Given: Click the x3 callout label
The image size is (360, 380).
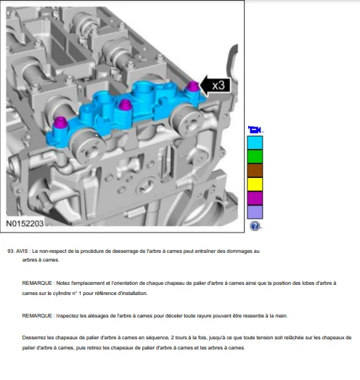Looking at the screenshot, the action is (216, 85).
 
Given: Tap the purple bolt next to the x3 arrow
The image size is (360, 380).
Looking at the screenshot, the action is (193, 86).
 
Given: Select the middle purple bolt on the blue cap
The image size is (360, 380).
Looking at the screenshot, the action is (125, 105).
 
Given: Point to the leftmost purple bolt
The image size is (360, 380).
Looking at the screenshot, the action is (60, 123).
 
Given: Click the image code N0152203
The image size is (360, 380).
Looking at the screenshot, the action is (25, 224).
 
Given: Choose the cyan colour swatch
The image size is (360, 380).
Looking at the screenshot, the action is (255, 142).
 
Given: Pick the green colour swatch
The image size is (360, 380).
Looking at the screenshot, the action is (255, 156).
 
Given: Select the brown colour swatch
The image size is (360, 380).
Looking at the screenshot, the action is (255, 170).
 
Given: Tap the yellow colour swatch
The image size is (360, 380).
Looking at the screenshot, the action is (255, 184).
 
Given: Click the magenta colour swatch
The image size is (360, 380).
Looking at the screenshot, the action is (255, 198).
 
